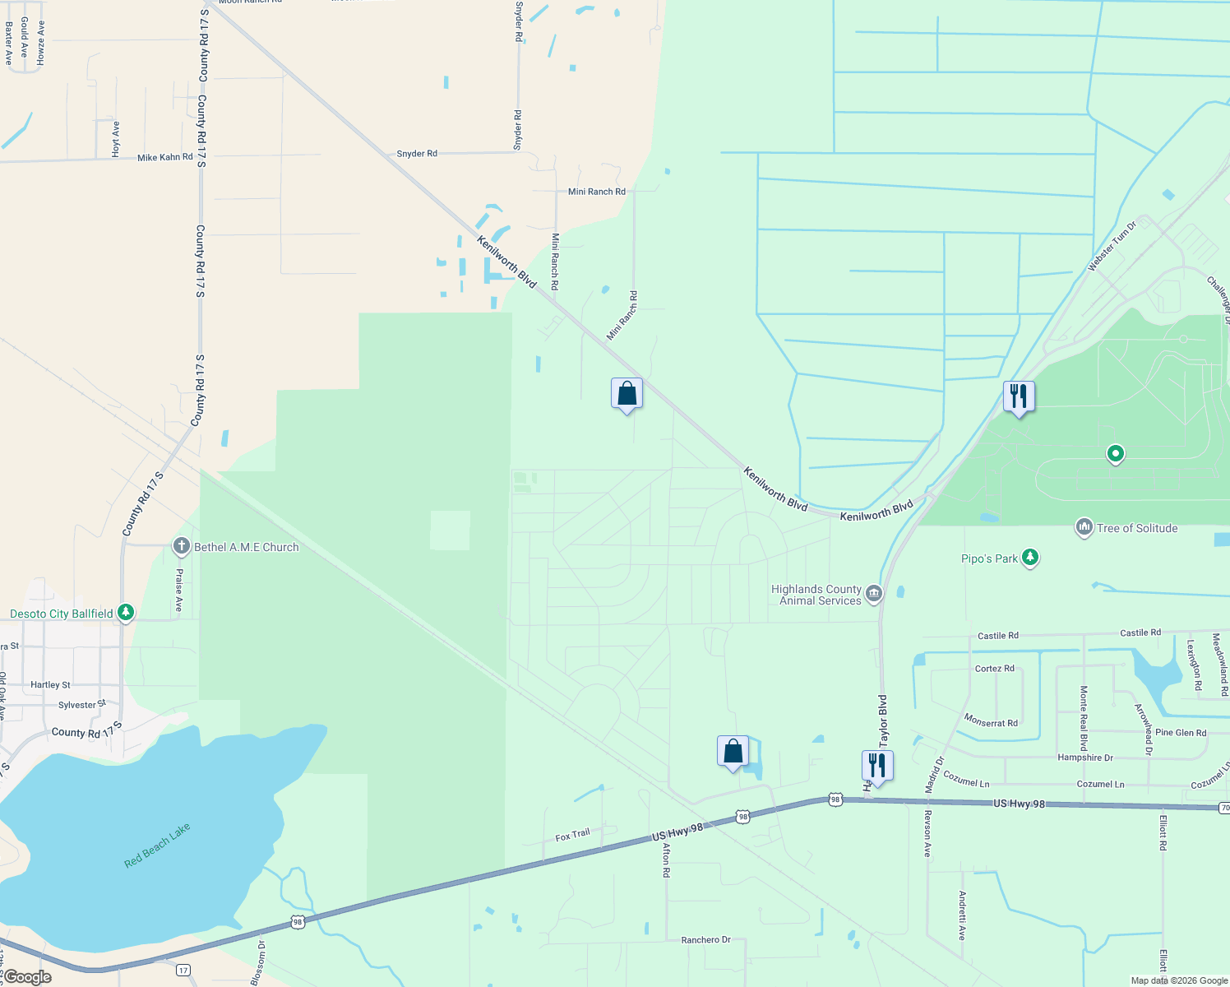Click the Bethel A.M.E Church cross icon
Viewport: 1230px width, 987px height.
tap(182, 546)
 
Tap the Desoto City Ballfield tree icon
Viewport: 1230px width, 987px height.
tap(125, 613)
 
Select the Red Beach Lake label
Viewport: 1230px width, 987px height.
tap(157, 846)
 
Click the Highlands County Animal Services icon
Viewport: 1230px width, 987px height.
tap(873, 593)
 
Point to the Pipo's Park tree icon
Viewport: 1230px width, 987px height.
tap(1030, 558)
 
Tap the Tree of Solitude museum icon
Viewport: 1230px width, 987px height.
tap(1084, 527)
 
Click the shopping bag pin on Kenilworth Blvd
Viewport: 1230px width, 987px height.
tap(627, 394)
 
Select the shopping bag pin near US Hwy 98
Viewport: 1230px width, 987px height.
tap(733, 752)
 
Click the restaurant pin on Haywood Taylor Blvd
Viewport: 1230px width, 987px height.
tap(877, 767)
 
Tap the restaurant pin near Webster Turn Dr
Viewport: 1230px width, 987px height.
tap(1019, 396)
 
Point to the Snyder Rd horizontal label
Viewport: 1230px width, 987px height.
tap(417, 154)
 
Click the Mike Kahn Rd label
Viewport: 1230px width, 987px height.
tap(165, 157)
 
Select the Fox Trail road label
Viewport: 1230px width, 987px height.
tap(572, 835)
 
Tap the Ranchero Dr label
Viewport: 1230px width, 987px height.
tap(705, 939)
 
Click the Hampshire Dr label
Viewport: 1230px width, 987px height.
tap(1084, 758)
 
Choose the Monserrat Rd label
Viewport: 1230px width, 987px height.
tap(991, 721)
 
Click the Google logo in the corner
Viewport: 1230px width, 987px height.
tap(27, 977)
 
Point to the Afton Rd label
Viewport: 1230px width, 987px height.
tap(667, 860)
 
